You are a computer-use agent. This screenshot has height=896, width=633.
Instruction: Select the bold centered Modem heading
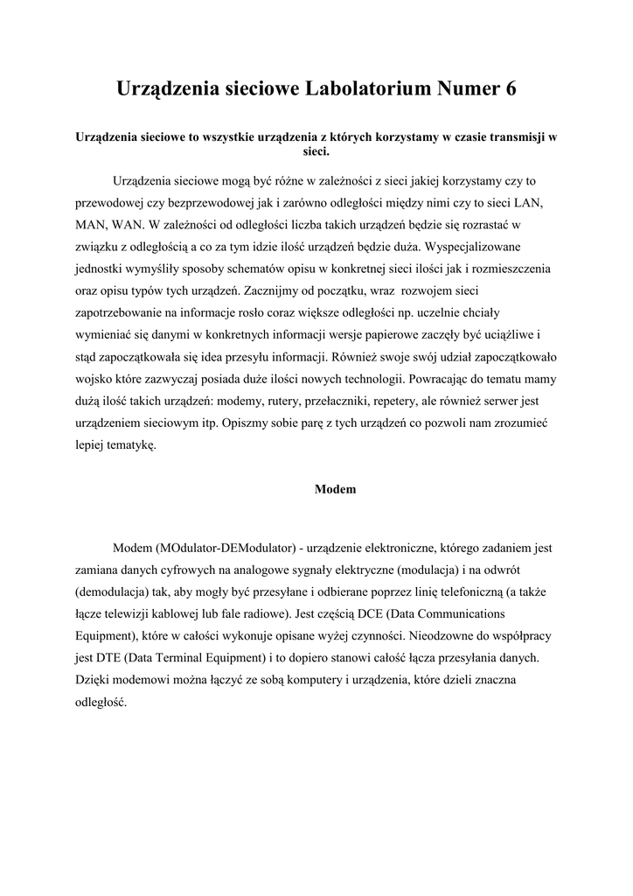(335, 489)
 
